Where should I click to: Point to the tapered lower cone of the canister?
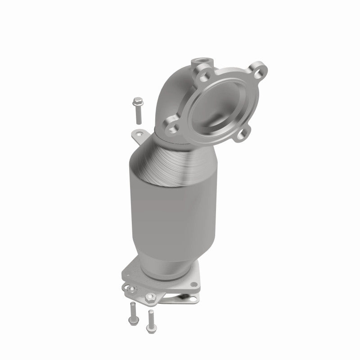pyautogui.click(x=169, y=254)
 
